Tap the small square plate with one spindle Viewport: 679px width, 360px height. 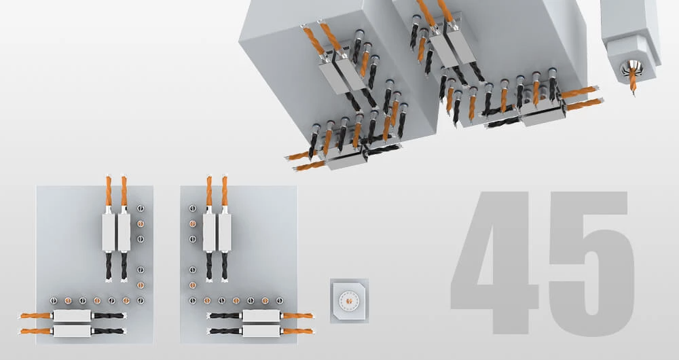pos(350,300)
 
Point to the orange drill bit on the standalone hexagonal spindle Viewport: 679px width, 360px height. pos(633,80)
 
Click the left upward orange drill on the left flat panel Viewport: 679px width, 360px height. pos(108,191)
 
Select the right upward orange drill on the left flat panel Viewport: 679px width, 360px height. pos(124,191)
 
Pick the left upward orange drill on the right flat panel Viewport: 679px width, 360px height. pos(209,191)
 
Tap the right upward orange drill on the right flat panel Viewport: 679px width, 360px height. pos(225,191)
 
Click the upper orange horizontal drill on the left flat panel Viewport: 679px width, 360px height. pos(36,316)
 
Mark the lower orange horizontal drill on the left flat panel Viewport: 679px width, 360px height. pos(36,331)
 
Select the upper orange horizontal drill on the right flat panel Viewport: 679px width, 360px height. pos(298,316)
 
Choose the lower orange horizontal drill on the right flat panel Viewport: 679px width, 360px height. pos(298,331)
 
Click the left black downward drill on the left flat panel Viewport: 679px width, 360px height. pos(108,266)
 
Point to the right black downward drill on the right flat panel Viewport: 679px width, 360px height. pos(225,266)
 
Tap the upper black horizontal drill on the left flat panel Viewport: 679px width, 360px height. pos(108,316)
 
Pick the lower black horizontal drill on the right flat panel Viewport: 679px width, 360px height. pos(224,331)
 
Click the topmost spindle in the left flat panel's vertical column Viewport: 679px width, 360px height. pos(141,209)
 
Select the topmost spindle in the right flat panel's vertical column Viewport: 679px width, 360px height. pos(193,209)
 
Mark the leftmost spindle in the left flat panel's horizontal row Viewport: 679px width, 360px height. pos(53,300)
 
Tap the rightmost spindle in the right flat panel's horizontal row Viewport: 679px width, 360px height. pos(280,300)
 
